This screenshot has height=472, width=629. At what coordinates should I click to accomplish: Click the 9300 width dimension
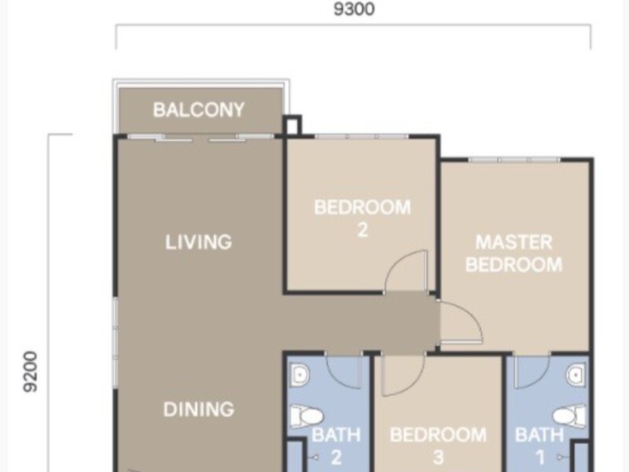[355, 9]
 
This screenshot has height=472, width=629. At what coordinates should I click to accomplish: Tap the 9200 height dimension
[31, 371]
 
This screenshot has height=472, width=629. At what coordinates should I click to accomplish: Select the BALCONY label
[199, 109]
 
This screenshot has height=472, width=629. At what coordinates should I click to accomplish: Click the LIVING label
[199, 242]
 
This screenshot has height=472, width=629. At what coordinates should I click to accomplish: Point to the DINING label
[199, 409]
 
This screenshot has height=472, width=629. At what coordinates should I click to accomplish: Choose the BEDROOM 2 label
[362, 219]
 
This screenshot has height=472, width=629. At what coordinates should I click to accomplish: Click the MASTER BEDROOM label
[514, 253]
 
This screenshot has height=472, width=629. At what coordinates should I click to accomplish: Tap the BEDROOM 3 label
[438, 446]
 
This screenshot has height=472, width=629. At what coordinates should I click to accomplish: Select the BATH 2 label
[337, 446]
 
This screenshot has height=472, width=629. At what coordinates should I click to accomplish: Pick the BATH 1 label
[539, 446]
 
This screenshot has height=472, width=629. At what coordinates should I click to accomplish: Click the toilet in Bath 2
[306, 417]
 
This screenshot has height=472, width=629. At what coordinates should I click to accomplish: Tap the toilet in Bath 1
[569, 416]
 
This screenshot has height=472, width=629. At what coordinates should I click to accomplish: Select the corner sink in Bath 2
[300, 374]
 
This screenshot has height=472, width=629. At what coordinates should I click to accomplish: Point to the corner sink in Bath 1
[576, 374]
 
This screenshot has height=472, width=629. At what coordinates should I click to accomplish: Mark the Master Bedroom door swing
[462, 323]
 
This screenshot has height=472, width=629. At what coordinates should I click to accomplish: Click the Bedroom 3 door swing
[403, 375]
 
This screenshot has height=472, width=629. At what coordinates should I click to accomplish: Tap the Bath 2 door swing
[344, 371]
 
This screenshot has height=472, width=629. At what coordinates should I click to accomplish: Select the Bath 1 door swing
[532, 371]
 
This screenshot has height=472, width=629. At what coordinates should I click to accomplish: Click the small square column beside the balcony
[292, 125]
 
